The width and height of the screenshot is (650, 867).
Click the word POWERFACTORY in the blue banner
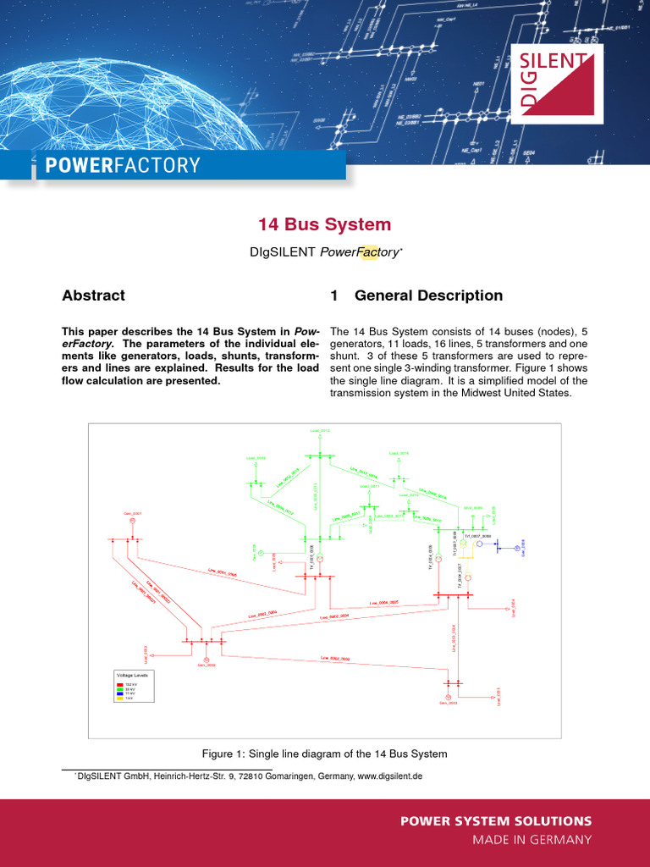point(123,165)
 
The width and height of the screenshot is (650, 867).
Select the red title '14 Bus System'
point(325,224)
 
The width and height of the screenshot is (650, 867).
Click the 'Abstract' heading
point(93,295)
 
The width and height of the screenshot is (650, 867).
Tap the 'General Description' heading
point(428,295)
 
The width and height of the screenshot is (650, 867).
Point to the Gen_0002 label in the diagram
point(207,665)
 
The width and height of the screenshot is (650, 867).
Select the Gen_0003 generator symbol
point(449,695)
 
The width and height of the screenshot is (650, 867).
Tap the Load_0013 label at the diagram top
point(320,432)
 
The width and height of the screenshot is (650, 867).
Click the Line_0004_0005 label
point(383,603)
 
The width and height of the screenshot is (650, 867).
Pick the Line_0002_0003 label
point(334,658)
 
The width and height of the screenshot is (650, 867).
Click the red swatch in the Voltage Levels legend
point(119,682)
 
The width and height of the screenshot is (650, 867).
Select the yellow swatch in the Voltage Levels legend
point(119,698)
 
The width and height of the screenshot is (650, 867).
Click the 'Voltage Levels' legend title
point(132,675)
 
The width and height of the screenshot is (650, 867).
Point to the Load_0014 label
point(399,453)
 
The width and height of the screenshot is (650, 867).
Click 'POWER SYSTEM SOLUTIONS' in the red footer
point(495,821)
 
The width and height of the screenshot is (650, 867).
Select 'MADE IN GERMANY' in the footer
point(532,840)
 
